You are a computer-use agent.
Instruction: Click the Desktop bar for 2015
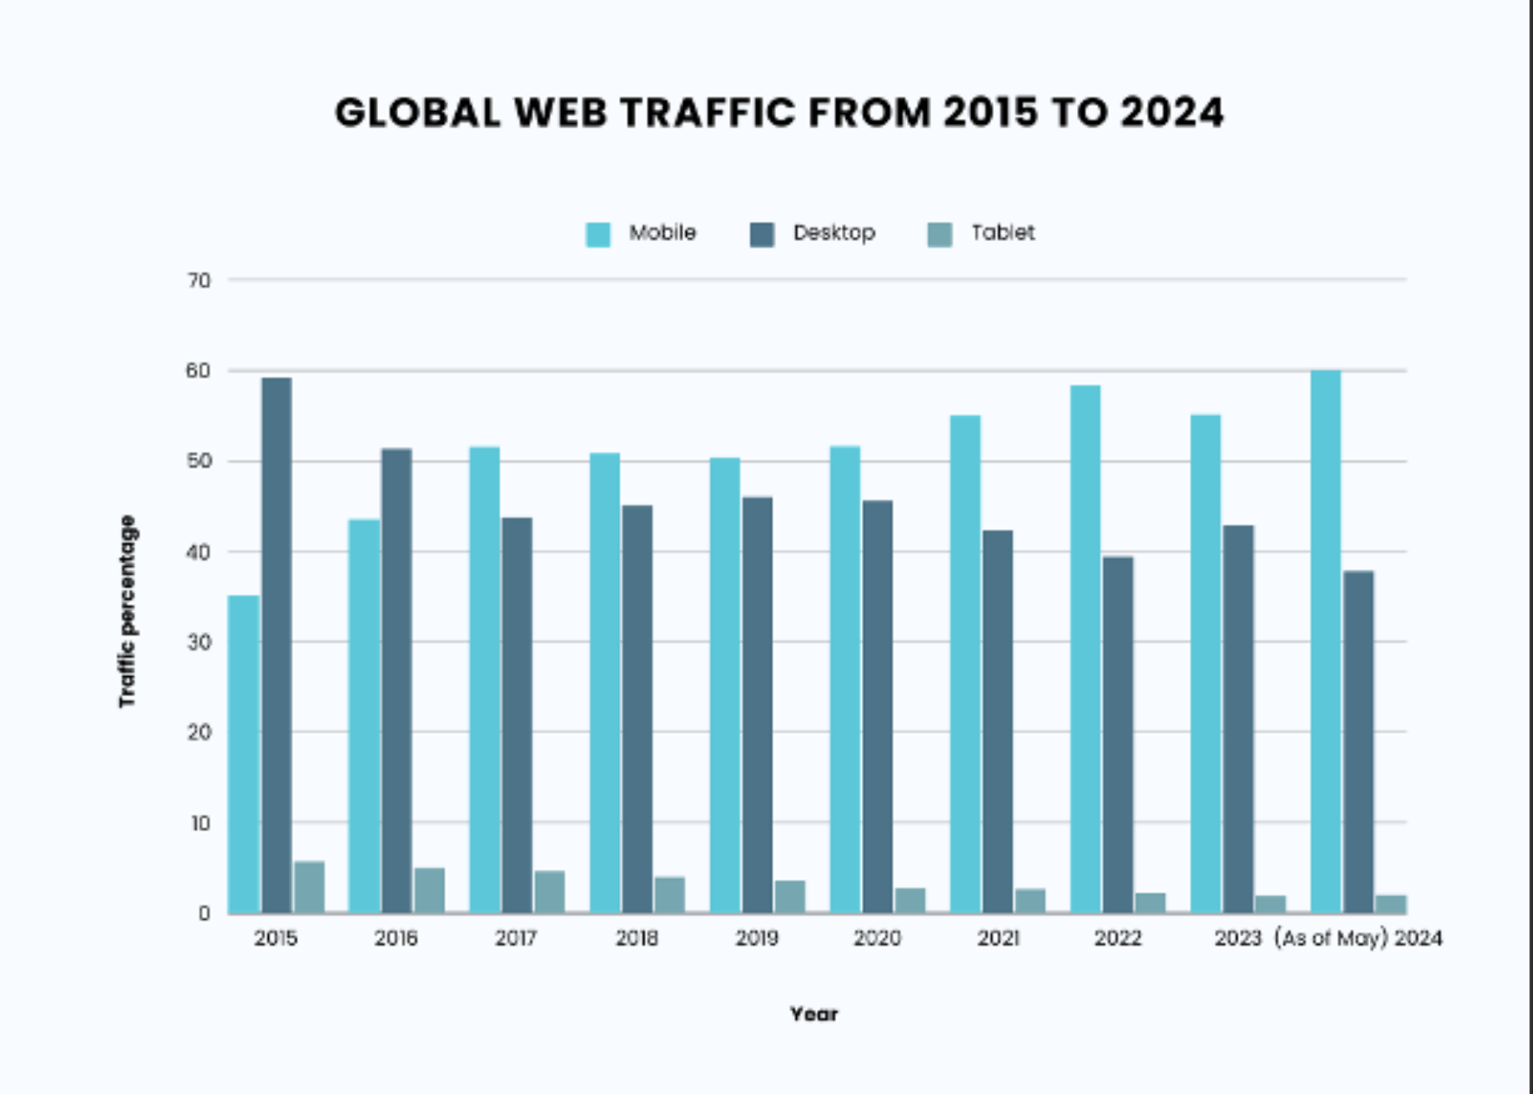click(277, 645)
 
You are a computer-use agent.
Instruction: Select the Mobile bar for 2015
click(244, 754)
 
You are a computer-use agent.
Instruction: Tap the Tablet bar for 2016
click(429, 890)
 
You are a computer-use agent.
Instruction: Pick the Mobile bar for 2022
click(1086, 649)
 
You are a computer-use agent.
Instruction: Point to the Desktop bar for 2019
click(758, 705)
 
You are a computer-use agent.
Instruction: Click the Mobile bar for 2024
click(1326, 641)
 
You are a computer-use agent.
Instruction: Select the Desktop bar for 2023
click(1238, 719)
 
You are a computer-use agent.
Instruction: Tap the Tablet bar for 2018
click(669, 895)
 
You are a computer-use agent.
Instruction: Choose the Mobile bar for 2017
click(485, 680)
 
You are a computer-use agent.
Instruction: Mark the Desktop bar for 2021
click(998, 721)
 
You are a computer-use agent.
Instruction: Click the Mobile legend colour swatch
click(598, 234)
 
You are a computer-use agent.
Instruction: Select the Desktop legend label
click(834, 233)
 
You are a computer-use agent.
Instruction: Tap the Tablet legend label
click(1003, 232)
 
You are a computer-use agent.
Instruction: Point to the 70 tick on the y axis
click(199, 281)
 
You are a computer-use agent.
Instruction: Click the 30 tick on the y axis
click(199, 642)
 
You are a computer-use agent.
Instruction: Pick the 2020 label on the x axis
click(877, 938)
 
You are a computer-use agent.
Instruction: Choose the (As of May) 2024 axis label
click(1359, 939)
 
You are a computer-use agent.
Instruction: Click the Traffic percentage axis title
click(127, 611)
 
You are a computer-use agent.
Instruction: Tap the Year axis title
click(814, 1014)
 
